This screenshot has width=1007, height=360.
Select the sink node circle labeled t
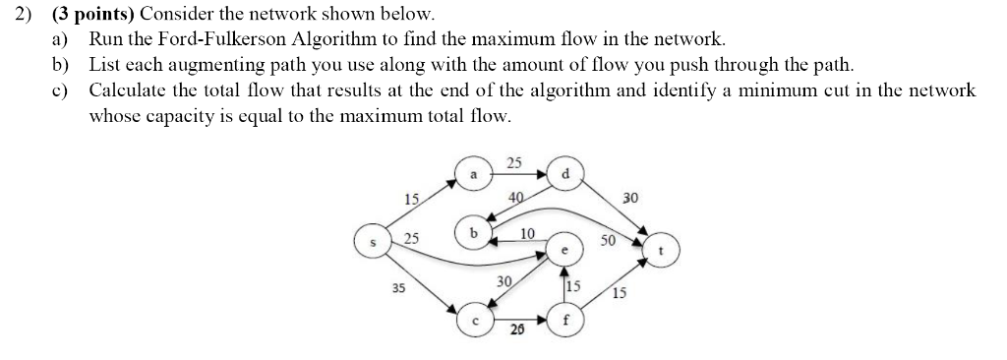(661, 251)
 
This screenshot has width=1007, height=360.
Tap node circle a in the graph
(472, 174)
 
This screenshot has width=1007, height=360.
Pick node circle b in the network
(473, 234)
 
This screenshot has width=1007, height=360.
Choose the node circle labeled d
(563, 174)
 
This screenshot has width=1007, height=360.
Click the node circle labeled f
(564, 321)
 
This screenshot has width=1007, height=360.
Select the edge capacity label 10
(527, 233)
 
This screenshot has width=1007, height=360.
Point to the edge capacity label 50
(608, 239)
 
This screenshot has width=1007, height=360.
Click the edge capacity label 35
(398, 288)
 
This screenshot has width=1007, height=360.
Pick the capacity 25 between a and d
(515, 162)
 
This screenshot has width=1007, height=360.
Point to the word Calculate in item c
(128, 90)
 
